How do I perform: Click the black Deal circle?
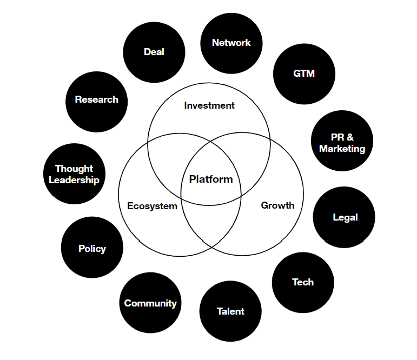click(x=154, y=52)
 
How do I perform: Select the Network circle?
click(x=231, y=43)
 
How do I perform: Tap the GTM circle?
click(x=304, y=74)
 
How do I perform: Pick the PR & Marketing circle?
click(x=342, y=143)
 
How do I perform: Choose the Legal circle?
click(x=345, y=217)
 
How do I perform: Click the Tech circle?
click(x=303, y=282)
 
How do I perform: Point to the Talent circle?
click(x=230, y=311)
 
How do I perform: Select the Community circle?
click(x=150, y=303)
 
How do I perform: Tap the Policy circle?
click(x=92, y=248)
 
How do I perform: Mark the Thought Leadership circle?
click(x=74, y=174)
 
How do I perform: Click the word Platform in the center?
click(x=211, y=179)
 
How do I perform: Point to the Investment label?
click(x=209, y=105)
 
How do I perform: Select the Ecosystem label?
click(x=152, y=206)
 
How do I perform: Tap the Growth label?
click(x=277, y=205)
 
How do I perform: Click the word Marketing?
click(x=342, y=149)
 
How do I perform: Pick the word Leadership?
click(x=74, y=180)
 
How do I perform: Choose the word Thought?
click(x=74, y=169)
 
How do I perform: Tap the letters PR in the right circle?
click(x=337, y=137)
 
